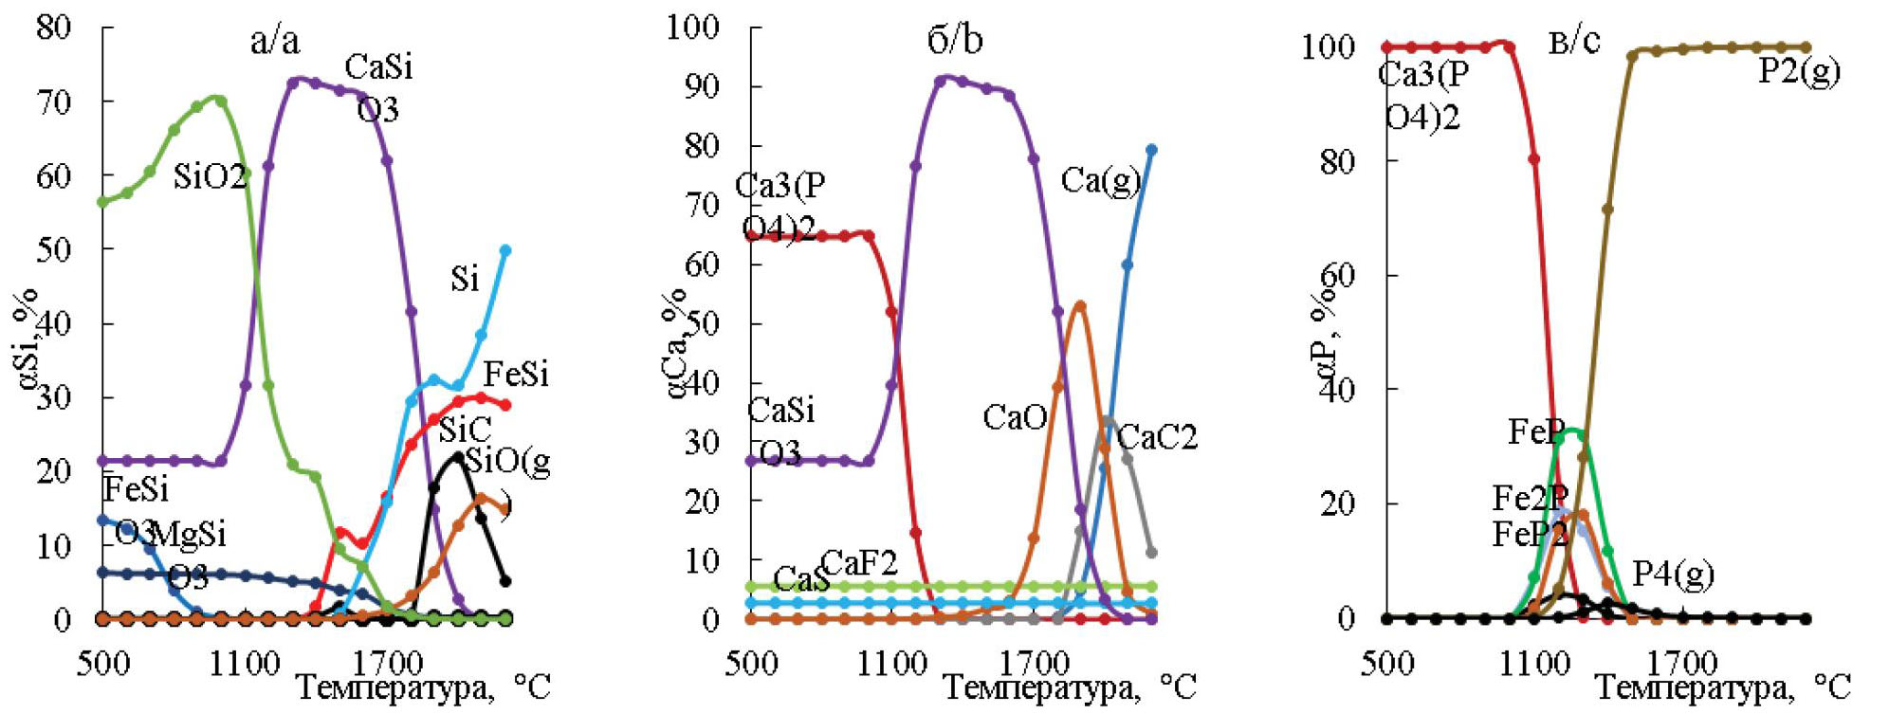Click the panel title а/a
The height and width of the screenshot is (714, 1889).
click(275, 41)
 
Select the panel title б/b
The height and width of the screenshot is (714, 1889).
click(954, 40)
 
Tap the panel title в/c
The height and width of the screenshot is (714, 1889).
click(1574, 41)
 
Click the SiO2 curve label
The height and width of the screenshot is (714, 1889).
click(210, 176)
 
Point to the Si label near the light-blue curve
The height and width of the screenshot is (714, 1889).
click(465, 279)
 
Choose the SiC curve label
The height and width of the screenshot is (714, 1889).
click(465, 430)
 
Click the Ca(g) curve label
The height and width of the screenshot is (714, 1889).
click(1100, 180)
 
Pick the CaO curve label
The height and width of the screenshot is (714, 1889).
click(1015, 417)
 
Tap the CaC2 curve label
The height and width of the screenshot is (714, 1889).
click(1157, 437)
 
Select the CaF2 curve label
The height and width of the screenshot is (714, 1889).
click(859, 562)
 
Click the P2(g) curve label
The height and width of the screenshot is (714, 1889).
click(1799, 71)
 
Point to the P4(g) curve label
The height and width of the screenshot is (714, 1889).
click(1673, 575)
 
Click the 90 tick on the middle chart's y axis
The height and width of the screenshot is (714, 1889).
click(701, 86)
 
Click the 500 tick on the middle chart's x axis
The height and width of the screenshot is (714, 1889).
click(751, 662)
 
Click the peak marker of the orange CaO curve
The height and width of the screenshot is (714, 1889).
click(1080, 306)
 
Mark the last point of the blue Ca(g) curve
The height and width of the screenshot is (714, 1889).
click(1151, 150)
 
